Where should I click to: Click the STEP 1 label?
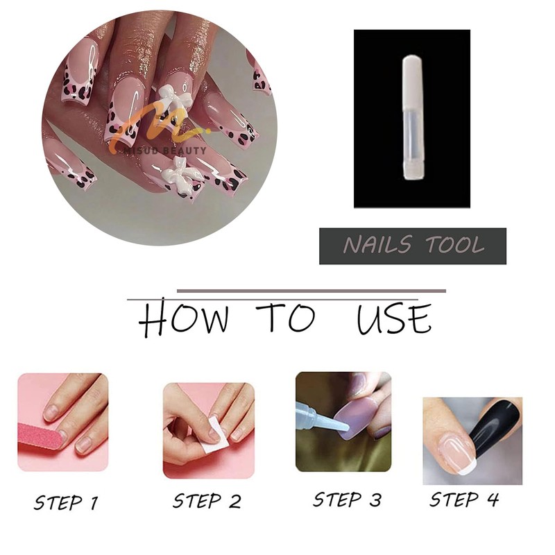65,502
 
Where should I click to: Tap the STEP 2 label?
207,501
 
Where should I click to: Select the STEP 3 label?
347,499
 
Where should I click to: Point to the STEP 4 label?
464,499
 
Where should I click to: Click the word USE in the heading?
394,318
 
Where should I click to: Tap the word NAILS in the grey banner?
377,245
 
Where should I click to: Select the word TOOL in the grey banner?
455,245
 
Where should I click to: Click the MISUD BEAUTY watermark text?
164,151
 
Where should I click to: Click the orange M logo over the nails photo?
155,128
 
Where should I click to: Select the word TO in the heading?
286,317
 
